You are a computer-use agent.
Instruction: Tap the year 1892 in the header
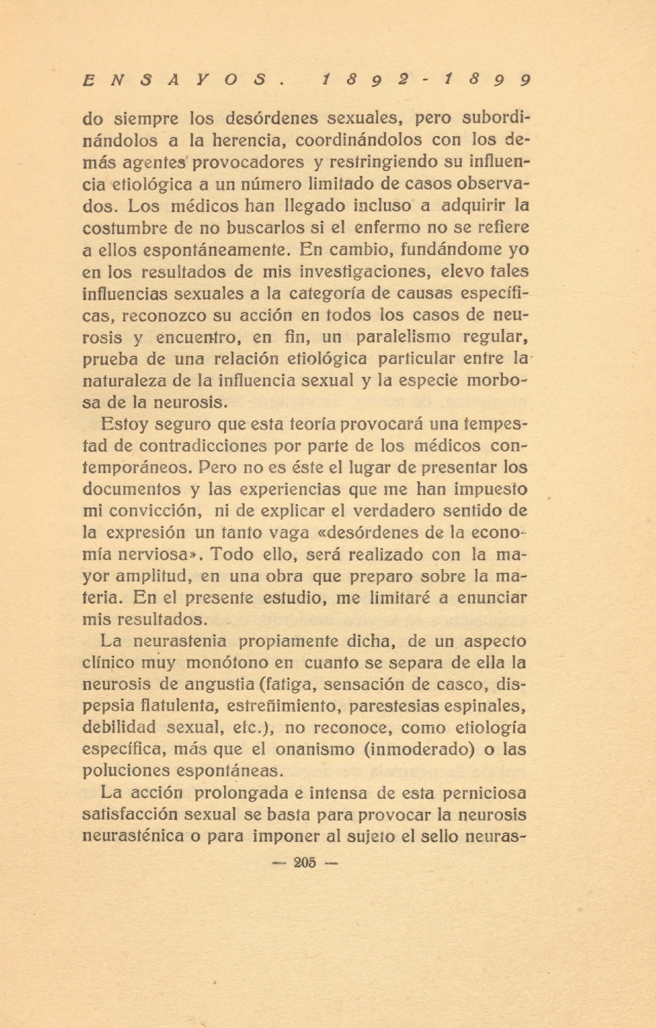pyautogui.click(x=368, y=80)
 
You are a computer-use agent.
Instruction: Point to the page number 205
pyautogui.click(x=305, y=863)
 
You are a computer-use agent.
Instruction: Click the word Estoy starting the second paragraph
pyautogui.click(x=124, y=424)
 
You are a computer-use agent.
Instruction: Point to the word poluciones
pyautogui.click(x=126, y=771)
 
